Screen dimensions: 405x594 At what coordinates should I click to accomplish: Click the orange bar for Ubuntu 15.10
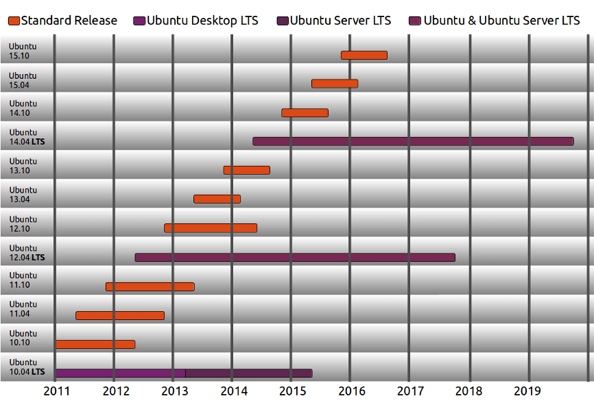pos(364,55)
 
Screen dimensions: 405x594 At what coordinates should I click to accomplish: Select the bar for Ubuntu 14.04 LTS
pos(413,141)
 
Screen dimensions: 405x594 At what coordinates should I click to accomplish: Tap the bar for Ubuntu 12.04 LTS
pos(295,257)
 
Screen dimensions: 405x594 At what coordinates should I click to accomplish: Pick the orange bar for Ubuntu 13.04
pos(217,199)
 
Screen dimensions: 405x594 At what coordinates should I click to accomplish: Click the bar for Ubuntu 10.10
pos(95,344)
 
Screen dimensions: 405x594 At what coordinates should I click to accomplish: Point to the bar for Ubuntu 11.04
pos(120,315)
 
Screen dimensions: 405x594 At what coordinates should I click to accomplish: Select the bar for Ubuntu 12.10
pos(211,228)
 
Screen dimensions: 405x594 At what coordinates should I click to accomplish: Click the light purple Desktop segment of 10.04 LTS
pos(120,373)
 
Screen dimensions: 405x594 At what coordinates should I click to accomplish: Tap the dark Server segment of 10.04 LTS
pos(249,373)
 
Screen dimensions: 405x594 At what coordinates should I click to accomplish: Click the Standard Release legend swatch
pos(14,21)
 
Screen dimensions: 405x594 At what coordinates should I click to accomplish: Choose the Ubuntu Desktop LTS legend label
pos(202,21)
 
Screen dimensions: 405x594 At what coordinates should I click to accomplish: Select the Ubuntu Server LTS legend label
pos(340,21)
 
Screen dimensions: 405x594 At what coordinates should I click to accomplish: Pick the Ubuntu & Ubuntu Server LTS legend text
pos(501,21)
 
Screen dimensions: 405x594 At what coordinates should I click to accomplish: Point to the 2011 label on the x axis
pos(56,391)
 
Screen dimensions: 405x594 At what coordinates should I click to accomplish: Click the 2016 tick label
pos(352,391)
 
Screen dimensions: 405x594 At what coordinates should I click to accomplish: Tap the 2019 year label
pos(528,391)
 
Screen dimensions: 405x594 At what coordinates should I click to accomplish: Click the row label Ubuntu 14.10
pos(23,108)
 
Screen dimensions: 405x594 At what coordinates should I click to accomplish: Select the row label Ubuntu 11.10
pos(23,280)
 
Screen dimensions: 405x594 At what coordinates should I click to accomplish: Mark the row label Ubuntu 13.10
pos(23,166)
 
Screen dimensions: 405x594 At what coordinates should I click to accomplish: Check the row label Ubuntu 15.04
pos(23,79)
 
